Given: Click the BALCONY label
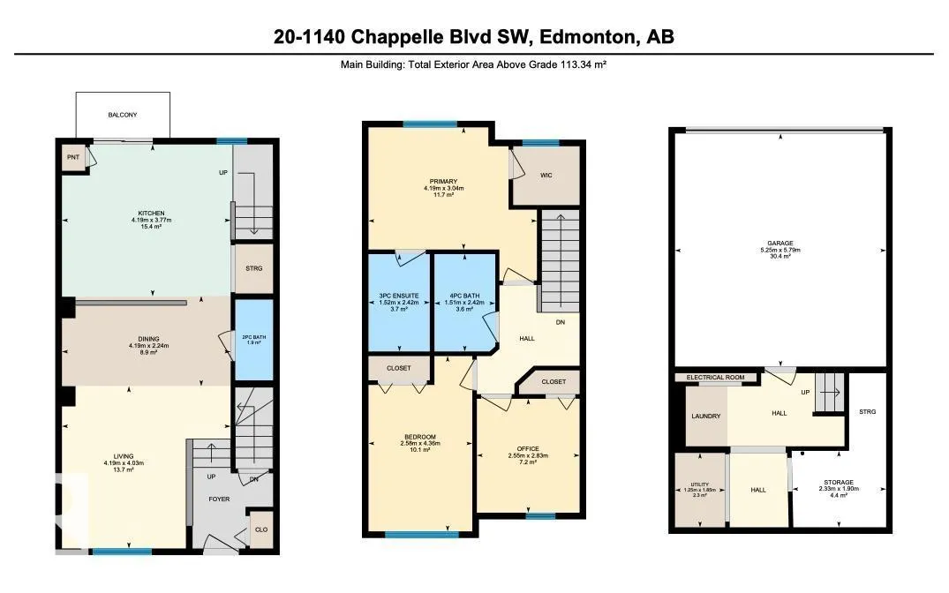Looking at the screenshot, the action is [x=122, y=115].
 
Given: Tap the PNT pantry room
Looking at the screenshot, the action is [x=73, y=157].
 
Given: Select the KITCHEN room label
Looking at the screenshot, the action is [x=151, y=214].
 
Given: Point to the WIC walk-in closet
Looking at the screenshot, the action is [x=546, y=176].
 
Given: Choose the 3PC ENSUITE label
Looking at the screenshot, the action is [x=399, y=296].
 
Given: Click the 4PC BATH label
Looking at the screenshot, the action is [x=464, y=296].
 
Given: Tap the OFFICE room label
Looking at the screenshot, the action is [x=528, y=449].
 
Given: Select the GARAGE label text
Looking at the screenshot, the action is [x=780, y=244].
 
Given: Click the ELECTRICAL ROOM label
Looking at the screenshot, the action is [x=715, y=378].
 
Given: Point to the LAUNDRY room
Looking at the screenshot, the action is [x=705, y=416].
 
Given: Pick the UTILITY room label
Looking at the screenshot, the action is [x=700, y=484].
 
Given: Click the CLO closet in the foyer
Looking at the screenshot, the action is [x=260, y=529].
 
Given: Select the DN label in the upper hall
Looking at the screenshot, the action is [x=561, y=322].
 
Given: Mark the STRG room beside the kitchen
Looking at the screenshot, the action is [x=253, y=268].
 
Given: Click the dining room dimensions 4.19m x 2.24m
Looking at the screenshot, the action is [x=149, y=346].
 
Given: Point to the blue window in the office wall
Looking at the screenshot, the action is [x=540, y=516].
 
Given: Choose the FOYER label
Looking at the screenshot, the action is [x=219, y=499].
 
